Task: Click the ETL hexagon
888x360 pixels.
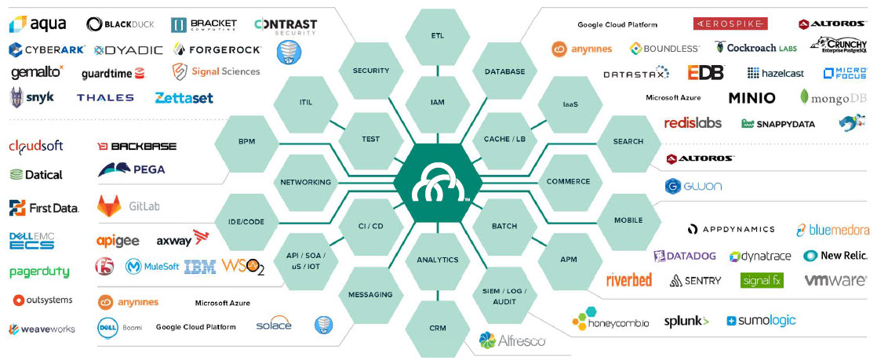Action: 438,36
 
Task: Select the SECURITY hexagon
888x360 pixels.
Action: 371,71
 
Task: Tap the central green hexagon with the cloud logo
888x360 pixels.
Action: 438,182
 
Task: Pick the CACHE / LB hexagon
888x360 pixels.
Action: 504,139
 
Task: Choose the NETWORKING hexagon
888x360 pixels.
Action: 305,182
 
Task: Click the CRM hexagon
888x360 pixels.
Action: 438,328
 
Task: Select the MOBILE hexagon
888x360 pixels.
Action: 628,220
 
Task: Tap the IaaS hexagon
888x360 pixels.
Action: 570,104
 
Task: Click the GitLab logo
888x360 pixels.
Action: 129,206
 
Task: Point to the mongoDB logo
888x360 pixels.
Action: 831,98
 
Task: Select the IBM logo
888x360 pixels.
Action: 200,267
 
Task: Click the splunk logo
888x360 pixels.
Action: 686,321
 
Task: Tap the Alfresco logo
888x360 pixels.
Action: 512,340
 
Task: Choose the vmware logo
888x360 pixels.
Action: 835,280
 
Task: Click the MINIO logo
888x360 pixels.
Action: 752,98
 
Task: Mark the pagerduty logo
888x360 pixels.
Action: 39,272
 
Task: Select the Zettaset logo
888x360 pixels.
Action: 184,98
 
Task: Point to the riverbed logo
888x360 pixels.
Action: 629,280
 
